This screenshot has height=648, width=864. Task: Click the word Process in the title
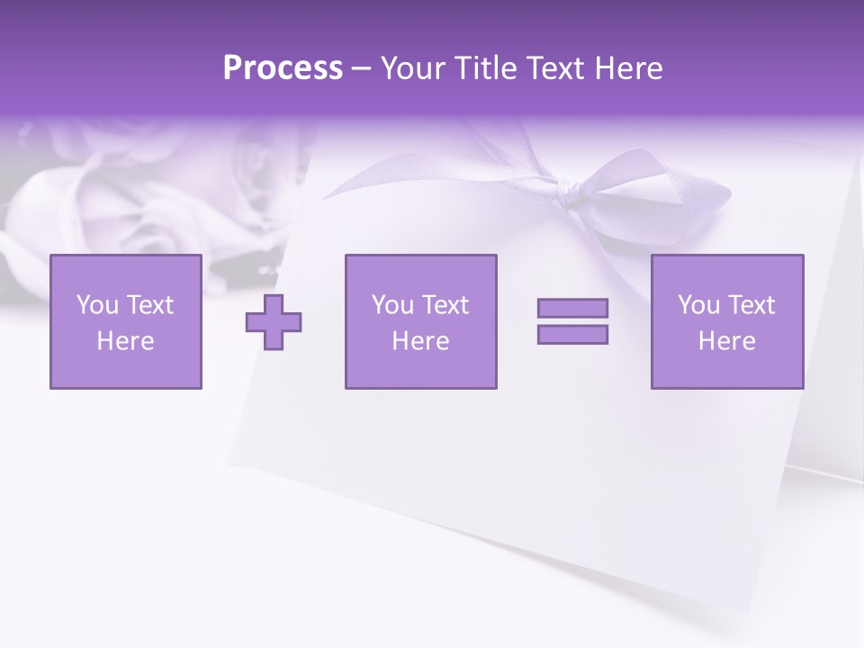click(x=283, y=68)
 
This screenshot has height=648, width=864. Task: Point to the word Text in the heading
click(x=555, y=68)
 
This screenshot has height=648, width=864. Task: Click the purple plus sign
click(x=274, y=322)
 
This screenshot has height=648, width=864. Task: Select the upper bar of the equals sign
click(x=572, y=308)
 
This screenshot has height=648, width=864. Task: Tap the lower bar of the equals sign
click(x=572, y=334)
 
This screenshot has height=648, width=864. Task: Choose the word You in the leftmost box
click(x=97, y=305)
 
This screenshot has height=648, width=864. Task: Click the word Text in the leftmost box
click(x=148, y=305)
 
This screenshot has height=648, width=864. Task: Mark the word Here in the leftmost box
click(x=125, y=341)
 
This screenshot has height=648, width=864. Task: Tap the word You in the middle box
click(x=392, y=305)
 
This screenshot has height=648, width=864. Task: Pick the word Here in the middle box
click(x=420, y=341)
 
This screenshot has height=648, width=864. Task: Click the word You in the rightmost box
click(x=698, y=305)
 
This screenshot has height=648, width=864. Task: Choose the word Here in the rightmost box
click(x=726, y=341)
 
